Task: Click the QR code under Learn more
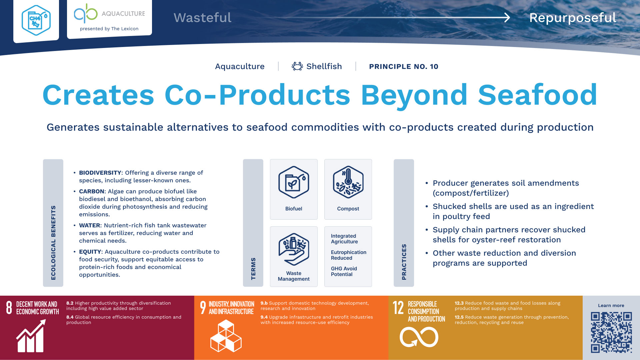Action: click(x=611, y=332)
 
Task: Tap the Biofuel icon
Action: click(x=294, y=182)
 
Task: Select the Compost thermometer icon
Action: click(x=348, y=182)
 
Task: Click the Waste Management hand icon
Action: click(x=294, y=249)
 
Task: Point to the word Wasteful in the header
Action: click(x=202, y=18)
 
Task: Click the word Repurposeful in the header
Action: click(x=573, y=18)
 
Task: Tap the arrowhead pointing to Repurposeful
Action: click(x=507, y=17)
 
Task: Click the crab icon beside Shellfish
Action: click(x=297, y=66)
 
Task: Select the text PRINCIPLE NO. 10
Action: click(x=403, y=66)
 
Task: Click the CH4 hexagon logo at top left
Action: click(x=36, y=20)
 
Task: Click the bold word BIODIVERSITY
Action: click(x=100, y=173)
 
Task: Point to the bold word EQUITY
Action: click(x=90, y=252)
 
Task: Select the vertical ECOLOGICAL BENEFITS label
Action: click(x=53, y=243)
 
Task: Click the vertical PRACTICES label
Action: click(x=404, y=262)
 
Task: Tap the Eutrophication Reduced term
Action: click(x=348, y=255)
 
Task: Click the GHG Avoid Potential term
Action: click(x=344, y=271)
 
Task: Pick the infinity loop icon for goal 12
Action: click(x=419, y=337)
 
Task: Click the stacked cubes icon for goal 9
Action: click(x=226, y=336)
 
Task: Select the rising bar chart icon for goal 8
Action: click(x=31, y=336)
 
